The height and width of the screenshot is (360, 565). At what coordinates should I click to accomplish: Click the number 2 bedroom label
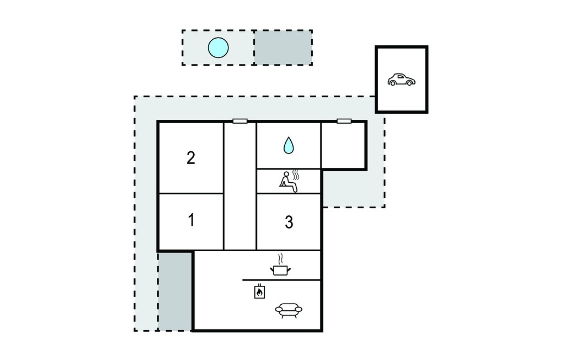coord(190,158)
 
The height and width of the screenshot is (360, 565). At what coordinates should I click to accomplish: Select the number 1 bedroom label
coord(191,220)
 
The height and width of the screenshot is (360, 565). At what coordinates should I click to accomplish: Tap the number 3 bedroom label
coord(289,222)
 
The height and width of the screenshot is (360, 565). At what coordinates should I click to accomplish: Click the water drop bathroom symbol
coord(288,145)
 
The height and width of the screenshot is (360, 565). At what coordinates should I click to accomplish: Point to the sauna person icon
coord(289,182)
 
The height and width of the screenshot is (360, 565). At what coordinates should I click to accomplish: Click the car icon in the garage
coord(402,80)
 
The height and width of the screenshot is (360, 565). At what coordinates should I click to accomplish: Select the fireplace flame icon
coord(259,292)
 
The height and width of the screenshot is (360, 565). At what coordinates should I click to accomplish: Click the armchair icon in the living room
coord(289,310)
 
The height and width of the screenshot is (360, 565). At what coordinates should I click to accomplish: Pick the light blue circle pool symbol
coord(218,47)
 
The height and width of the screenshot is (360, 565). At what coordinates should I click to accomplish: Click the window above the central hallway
coord(240,121)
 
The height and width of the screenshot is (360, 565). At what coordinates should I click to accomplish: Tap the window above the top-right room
coord(344,121)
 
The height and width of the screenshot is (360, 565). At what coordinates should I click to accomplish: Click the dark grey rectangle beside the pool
coord(283,47)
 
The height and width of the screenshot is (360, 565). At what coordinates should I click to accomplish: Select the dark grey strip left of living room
coord(175,291)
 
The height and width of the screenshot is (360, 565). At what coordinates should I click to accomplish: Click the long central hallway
coord(240,186)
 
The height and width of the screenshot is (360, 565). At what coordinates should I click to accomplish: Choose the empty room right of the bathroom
coord(343,145)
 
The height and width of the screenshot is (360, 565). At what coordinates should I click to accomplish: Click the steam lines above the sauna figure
coord(296,175)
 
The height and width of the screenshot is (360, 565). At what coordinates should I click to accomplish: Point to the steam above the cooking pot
coord(280,259)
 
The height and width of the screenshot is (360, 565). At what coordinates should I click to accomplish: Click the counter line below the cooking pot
coord(281,280)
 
